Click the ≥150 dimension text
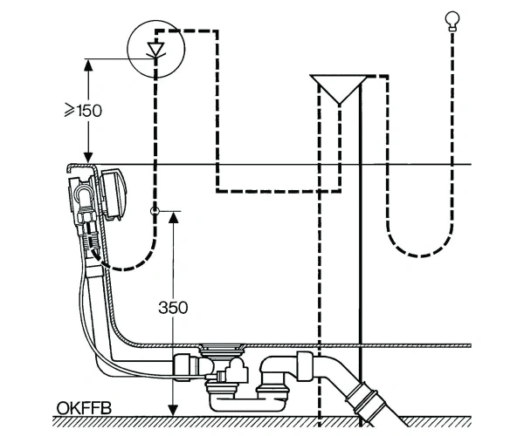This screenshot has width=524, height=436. [x=83, y=111]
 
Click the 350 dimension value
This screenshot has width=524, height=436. [x=173, y=307]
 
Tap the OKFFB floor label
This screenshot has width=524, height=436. [x=84, y=407]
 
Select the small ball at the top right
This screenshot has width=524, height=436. [x=452, y=19]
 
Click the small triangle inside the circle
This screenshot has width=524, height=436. [x=155, y=49]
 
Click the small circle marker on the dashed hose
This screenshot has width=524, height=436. [x=155, y=211]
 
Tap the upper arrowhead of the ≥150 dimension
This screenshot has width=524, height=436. [x=88, y=65]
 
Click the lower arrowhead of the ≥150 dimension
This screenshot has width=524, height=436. [x=88, y=157]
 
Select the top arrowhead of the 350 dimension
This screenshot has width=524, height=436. [x=173, y=217]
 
